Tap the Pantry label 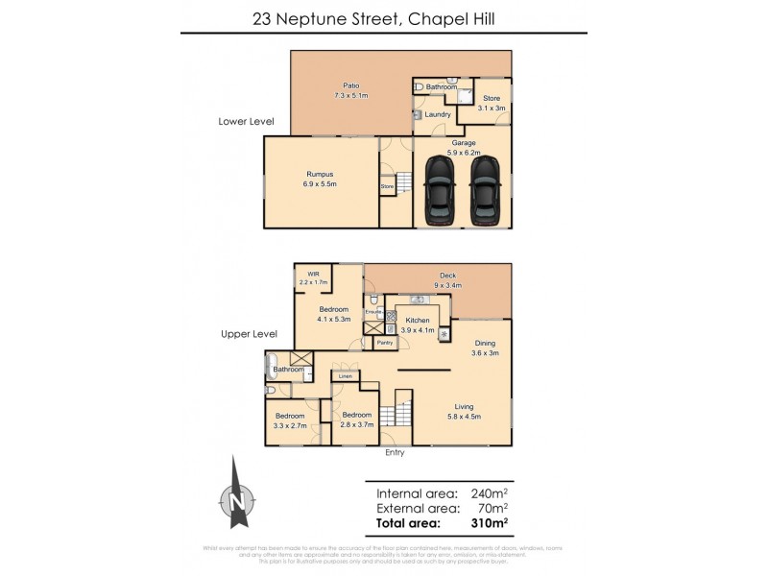click(385, 343)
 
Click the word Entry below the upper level click(395, 452)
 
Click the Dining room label click(485, 348)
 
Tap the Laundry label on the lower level click(438, 115)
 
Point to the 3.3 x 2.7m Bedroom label click(289, 420)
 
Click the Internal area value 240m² click(489, 492)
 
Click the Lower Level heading click(247, 122)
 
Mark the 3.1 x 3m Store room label click(492, 102)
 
